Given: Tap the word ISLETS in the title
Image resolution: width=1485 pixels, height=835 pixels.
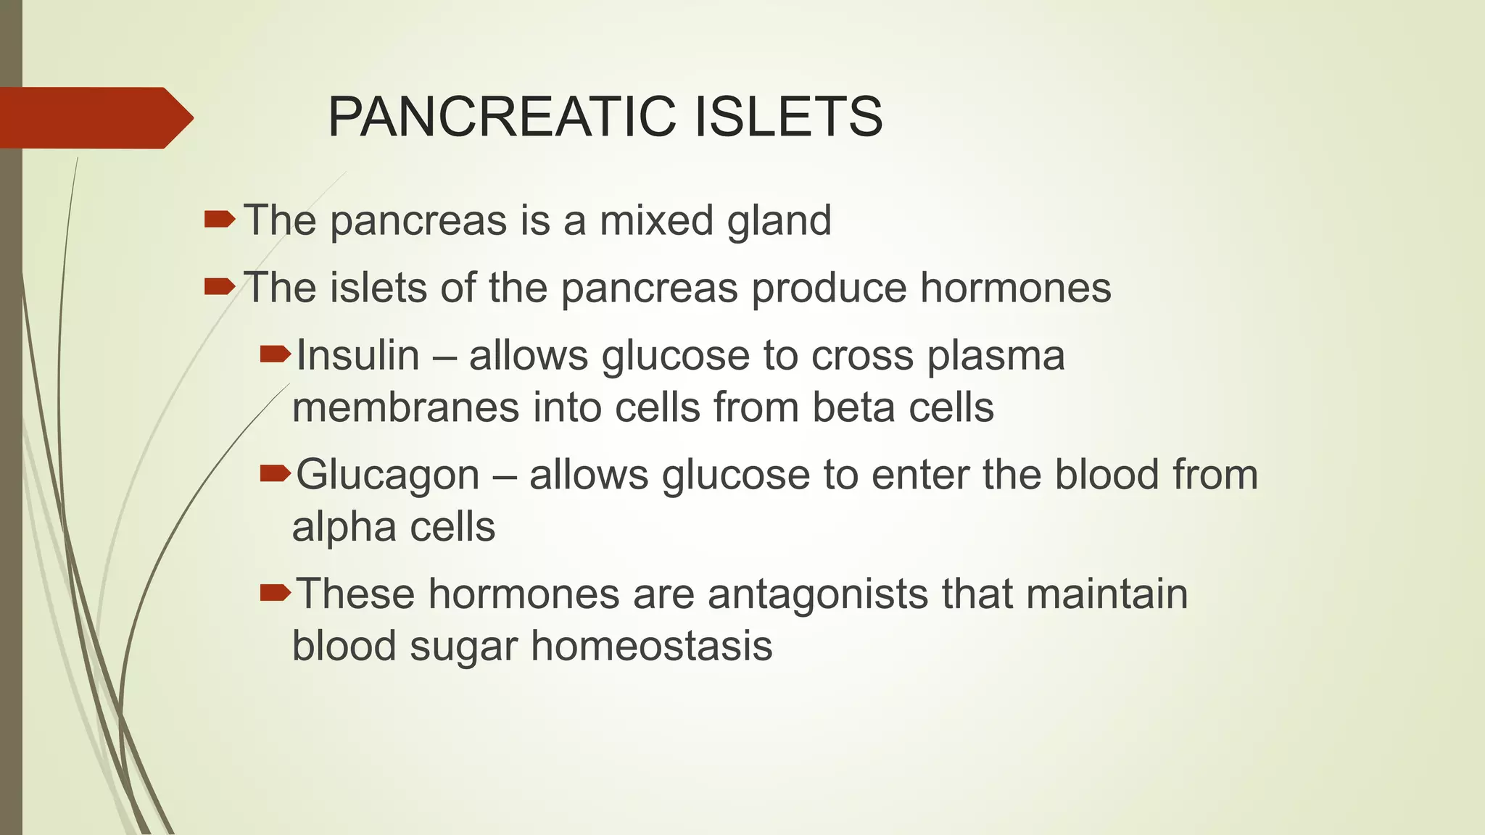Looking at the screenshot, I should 788,117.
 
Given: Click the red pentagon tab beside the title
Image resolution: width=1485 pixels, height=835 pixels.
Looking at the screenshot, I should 94,117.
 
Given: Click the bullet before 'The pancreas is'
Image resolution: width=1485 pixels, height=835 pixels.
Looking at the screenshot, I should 219,219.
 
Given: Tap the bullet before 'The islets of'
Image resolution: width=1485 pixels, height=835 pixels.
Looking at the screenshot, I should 219,287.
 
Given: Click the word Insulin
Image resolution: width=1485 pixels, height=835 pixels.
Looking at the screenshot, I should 357,356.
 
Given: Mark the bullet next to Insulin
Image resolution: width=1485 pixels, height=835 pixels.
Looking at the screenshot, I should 275,354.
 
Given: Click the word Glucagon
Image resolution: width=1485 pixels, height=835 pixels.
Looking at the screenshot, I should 388,476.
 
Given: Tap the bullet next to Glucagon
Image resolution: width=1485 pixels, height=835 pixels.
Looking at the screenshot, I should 275,473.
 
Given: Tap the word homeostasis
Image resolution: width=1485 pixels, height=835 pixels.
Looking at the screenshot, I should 651,646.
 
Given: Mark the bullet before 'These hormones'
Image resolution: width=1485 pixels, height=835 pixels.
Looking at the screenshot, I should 275,593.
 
